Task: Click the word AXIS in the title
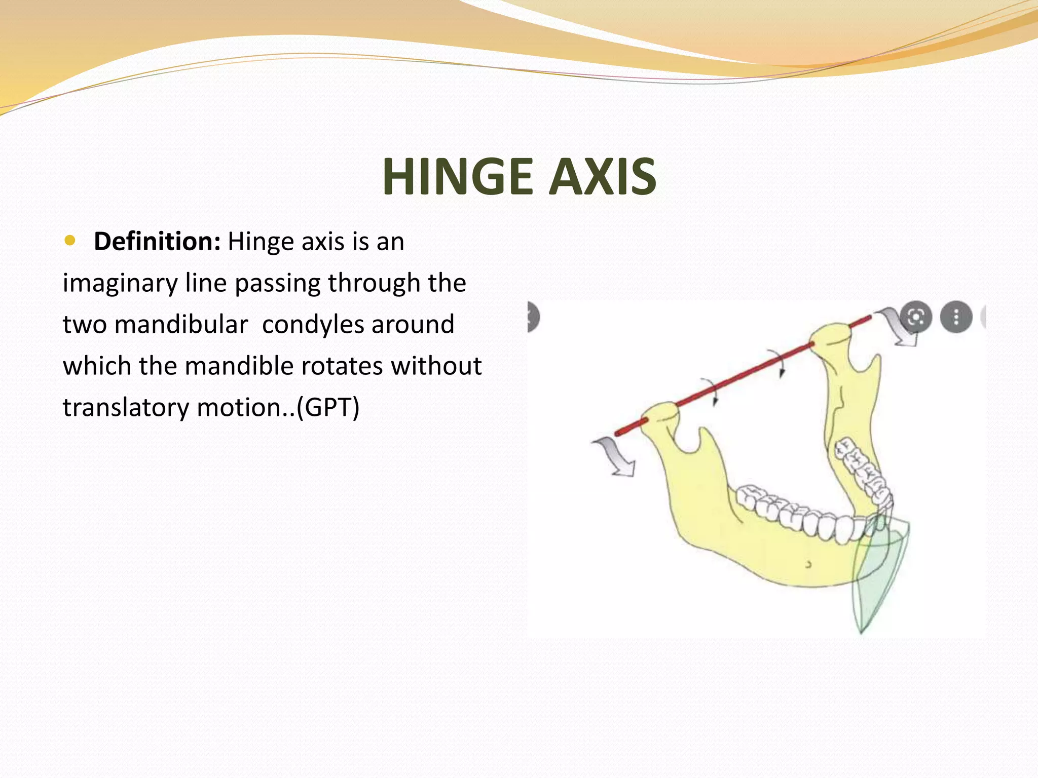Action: [603, 177]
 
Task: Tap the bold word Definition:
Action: [157, 241]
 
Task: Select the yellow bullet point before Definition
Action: [70, 240]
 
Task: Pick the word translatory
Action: [125, 407]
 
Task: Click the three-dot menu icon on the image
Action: [956, 318]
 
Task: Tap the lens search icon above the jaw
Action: [916, 318]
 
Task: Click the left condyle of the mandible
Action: [659, 415]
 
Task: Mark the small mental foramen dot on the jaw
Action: [808, 564]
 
